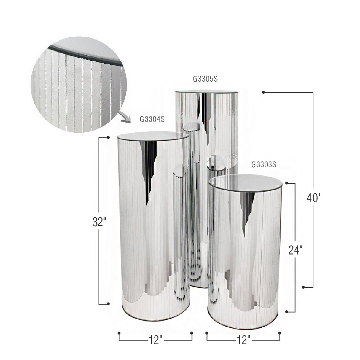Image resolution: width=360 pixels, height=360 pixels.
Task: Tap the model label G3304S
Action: [152, 119]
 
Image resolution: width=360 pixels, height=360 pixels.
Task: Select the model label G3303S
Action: [264, 165]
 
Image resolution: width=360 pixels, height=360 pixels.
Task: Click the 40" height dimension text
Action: [314, 198]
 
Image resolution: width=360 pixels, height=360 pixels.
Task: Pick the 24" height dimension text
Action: [296, 250]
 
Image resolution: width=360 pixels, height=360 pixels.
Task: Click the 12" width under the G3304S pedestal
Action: [155, 340]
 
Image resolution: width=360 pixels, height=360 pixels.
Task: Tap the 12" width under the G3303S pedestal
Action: [243, 340]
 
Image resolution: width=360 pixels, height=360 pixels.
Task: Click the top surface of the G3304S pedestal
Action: [153, 136]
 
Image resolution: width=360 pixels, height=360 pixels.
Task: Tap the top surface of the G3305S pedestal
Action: [207, 92]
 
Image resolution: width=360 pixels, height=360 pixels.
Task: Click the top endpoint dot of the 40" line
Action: [264, 92]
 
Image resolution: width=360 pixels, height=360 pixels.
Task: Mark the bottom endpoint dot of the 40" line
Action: [303, 287]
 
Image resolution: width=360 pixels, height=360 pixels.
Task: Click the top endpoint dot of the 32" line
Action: [109, 137]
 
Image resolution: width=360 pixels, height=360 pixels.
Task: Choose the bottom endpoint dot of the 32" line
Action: [109, 304]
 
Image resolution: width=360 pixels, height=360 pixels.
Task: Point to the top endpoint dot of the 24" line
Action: [286, 183]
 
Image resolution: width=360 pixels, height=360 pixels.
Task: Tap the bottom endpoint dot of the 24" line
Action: [286, 312]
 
